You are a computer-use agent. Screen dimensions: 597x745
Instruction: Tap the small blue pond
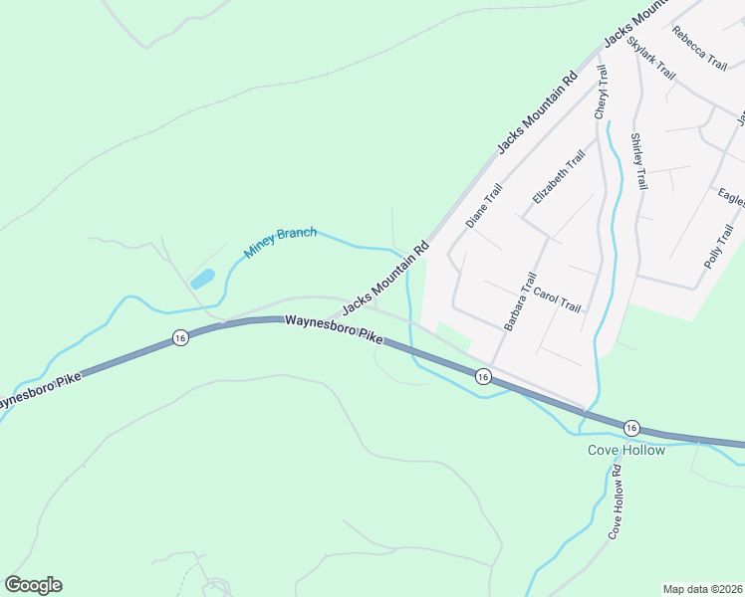click(x=202, y=278)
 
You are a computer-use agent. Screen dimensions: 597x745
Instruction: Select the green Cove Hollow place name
click(x=625, y=450)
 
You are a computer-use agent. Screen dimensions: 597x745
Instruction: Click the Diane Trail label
click(x=484, y=206)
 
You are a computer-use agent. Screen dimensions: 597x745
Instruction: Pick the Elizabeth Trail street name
click(x=558, y=177)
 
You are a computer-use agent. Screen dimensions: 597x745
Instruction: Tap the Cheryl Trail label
click(x=601, y=93)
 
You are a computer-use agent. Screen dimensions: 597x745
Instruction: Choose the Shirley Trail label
click(x=638, y=161)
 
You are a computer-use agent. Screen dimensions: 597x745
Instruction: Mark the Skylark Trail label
click(x=651, y=61)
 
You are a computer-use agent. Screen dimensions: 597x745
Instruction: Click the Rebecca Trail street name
click(x=699, y=47)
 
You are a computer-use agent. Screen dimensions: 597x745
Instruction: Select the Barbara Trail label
click(x=520, y=301)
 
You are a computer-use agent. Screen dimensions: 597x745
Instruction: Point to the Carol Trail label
click(x=557, y=299)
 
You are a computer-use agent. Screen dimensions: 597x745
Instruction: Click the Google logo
click(x=33, y=585)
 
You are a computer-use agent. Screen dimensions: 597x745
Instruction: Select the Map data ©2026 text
click(x=702, y=589)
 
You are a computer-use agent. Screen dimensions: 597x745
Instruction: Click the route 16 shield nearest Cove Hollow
click(x=631, y=427)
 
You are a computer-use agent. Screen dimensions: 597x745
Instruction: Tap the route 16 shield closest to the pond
click(x=179, y=338)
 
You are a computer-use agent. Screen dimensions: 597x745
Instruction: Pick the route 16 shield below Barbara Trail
click(x=482, y=376)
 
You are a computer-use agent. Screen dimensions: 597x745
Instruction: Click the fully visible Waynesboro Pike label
click(x=334, y=329)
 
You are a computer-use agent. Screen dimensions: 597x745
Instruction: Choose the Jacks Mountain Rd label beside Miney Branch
click(x=385, y=275)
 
